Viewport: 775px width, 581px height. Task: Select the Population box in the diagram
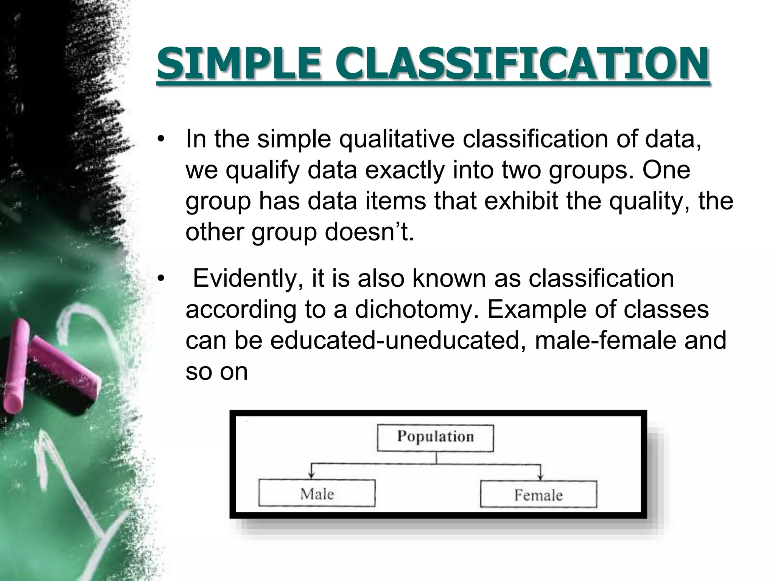(x=435, y=438)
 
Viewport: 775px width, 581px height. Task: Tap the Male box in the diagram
(x=317, y=493)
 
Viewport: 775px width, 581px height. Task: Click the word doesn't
(x=369, y=231)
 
